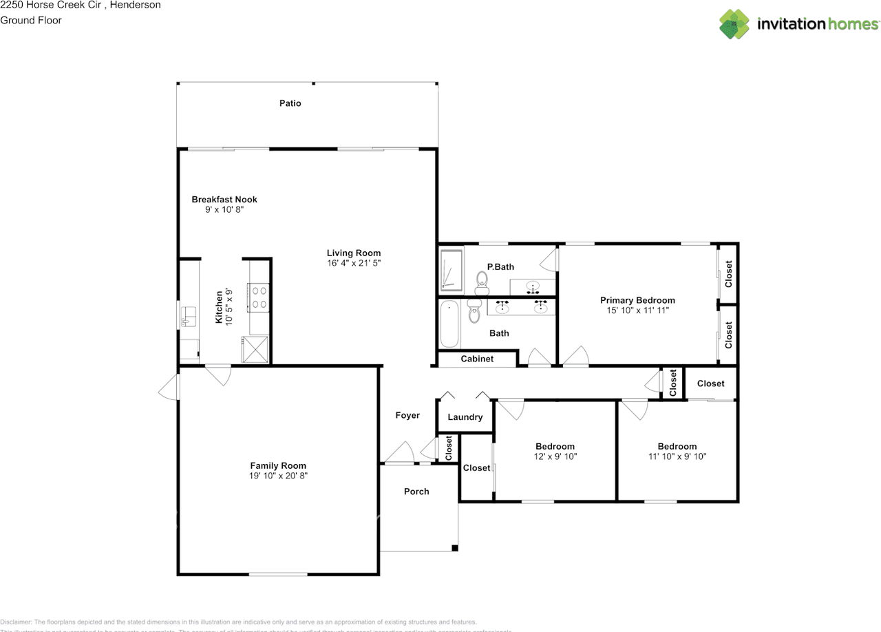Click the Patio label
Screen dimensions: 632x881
[290, 103]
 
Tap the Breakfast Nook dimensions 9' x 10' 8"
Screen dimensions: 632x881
[224, 210]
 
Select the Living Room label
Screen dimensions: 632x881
[353, 253]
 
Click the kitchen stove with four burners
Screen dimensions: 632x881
[259, 297]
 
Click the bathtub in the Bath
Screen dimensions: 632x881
[449, 324]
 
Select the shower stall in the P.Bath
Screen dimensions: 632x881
[452, 270]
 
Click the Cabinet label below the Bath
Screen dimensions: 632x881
[476, 359]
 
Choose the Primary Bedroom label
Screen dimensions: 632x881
[637, 300]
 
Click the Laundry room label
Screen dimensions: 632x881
[465, 417]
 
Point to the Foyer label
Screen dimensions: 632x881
[407, 415]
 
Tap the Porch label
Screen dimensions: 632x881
[416, 492]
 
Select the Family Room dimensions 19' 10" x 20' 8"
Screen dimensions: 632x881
[278, 476]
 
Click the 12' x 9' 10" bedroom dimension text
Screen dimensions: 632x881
[555, 456]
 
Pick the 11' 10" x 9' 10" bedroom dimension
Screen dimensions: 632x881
[677, 456]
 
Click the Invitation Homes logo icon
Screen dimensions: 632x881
[734, 24]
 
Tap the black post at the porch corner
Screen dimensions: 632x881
[454, 548]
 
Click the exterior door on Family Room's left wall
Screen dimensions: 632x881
[169, 388]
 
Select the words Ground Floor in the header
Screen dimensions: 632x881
[31, 20]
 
